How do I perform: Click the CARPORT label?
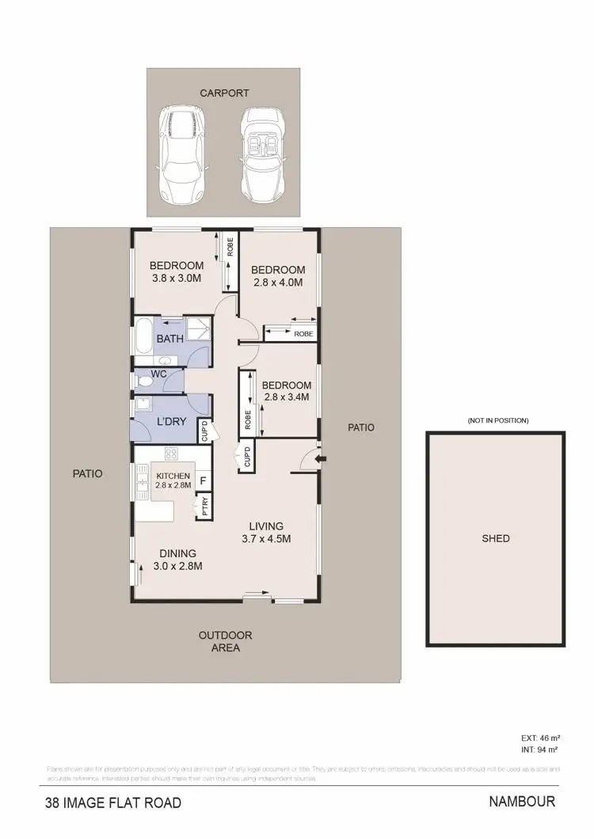224,93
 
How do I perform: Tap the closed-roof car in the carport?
183,154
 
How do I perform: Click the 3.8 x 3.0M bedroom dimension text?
177,279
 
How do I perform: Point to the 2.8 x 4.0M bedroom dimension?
279,282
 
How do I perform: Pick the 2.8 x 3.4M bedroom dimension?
287,397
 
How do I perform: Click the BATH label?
169,339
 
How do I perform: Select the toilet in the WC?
145,382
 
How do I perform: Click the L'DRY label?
171,421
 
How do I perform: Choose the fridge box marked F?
203,480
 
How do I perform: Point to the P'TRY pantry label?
204,504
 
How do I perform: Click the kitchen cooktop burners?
170,454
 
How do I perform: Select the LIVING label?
266,526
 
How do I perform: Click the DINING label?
177,553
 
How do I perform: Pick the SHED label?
496,539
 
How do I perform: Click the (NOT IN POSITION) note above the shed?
498,420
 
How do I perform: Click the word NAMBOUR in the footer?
522,802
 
